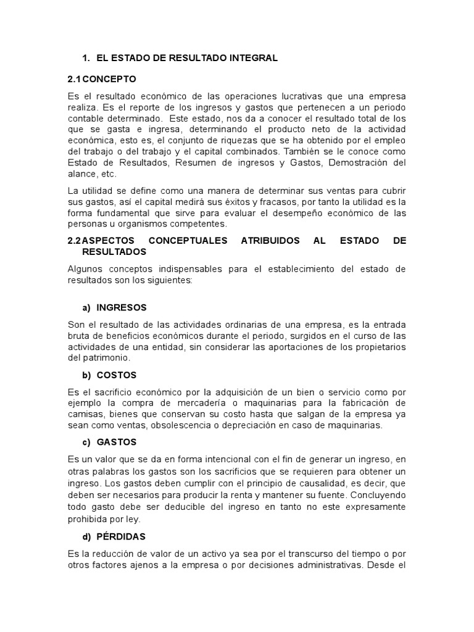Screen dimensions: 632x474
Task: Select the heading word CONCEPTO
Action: (x=109, y=79)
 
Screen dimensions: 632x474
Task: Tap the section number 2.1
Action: (x=74, y=79)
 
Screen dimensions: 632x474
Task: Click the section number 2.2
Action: (x=74, y=241)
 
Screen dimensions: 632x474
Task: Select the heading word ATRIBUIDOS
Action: (x=271, y=241)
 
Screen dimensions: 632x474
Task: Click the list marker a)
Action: (x=86, y=307)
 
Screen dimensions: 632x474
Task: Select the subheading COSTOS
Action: (x=117, y=375)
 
